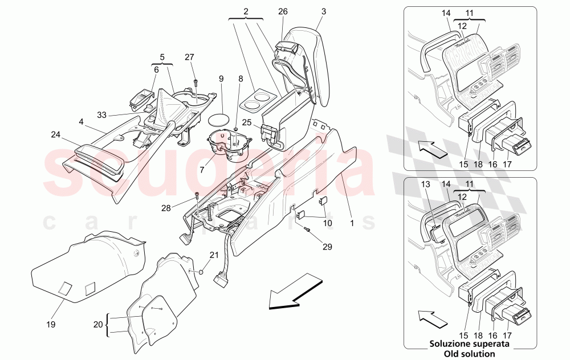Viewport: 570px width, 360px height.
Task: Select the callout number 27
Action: [x=190, y=56]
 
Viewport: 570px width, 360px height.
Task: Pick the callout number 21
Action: [x=214, y=255]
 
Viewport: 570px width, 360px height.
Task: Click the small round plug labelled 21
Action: [x=201, y=272]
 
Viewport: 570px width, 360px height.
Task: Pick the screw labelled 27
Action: [x=195, y=83]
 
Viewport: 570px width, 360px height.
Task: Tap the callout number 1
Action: [x=352, y=224]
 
